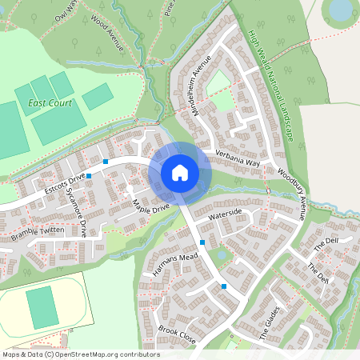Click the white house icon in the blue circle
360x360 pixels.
pyautogui.click(x=179, y=173)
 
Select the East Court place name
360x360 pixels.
pyautogui.click(x=50, y=103)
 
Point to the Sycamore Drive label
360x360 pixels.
pyautogui.click(x=75, y=213)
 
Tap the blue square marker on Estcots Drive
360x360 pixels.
pyautogui.click(x=105, y=162)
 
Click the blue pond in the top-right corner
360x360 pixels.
pyautogui.click(x=342, y=9)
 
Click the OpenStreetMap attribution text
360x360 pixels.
pyautogui.click(x=80, y=354)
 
